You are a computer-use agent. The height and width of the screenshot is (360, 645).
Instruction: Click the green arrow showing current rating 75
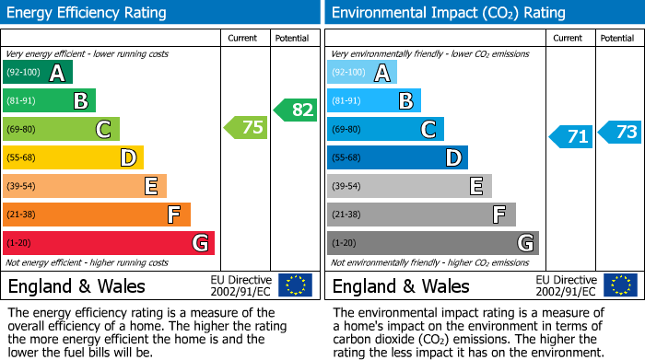(x=247, y=128)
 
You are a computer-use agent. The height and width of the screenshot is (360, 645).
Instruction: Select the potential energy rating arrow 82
(x=296, y=110)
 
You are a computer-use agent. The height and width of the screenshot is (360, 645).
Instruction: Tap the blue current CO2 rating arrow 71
(x=572, y=137)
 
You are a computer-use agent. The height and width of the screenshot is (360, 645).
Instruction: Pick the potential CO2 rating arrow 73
(x=620, y=132)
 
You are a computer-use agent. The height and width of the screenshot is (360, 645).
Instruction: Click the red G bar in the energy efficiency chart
(x=109, y=243)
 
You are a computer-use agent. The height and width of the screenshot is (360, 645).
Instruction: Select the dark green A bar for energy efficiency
(x=38, y=73)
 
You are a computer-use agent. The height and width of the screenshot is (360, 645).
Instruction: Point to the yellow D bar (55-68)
(x=73, y=158)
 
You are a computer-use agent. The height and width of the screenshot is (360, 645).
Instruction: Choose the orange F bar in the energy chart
(x=97, y=215)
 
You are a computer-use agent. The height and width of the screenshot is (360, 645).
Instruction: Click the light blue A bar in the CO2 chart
(x=362, y=73)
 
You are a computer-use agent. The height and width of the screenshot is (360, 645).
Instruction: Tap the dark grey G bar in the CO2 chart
(x=432, y=243)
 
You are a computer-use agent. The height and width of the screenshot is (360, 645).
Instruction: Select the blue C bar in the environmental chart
(x=385, y=130)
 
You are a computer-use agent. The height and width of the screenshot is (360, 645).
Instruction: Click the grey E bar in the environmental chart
(x=409, y=186)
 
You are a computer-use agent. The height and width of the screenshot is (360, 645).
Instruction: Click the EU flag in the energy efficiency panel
(x=295, y=285)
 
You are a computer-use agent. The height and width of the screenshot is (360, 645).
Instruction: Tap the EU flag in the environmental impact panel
(x=620, y=285)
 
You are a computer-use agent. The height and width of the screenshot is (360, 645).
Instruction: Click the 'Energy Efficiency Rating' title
(x=88, y=13)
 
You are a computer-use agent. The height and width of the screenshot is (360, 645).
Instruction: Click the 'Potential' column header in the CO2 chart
(x=617, y=38)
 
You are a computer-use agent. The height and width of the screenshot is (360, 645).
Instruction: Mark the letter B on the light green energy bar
(x=81, y=101)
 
